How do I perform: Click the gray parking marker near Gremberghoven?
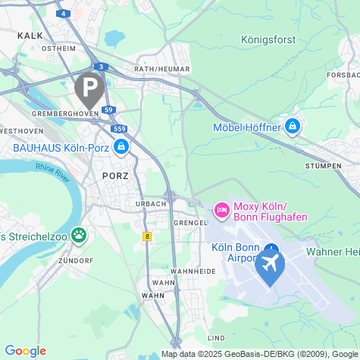[89, 88]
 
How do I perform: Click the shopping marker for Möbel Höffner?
[293, 127]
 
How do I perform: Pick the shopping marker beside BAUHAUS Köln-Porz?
[121, 146]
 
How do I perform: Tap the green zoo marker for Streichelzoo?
[78, 236]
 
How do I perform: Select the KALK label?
[30, 35]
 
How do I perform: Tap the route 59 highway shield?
[109, 110]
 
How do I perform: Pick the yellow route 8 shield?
[147, 236]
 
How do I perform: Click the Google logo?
[25, 351]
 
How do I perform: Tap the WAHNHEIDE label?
[188, 271]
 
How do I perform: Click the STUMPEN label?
[318, 164]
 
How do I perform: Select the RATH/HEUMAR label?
[161, 69]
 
